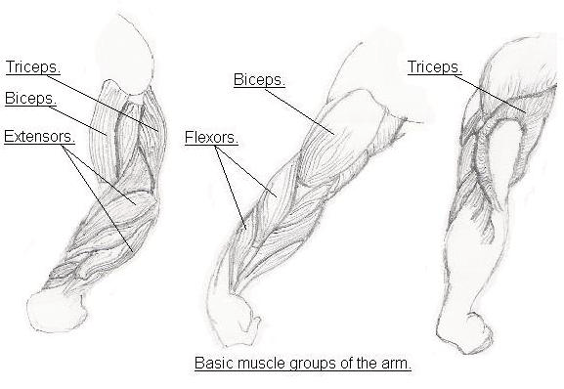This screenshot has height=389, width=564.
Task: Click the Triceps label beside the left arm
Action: click(x=32, y=66)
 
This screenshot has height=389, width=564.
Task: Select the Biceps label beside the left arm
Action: click(x=30, y=99)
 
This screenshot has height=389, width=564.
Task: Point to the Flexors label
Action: click(x=210, y=137)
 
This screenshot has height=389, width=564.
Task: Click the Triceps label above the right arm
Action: click(x=433, y=65)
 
